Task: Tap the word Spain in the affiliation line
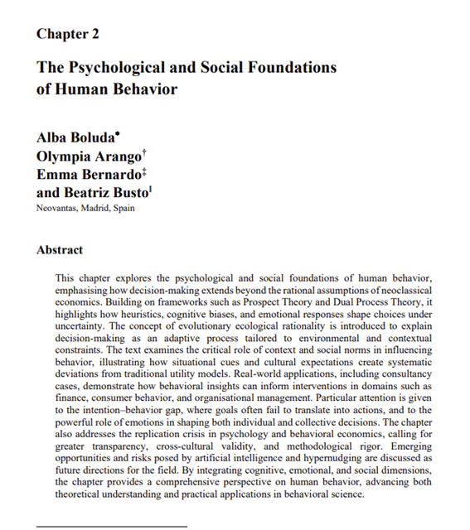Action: coord(123,208)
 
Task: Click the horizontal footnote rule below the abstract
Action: coord(111,526)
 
